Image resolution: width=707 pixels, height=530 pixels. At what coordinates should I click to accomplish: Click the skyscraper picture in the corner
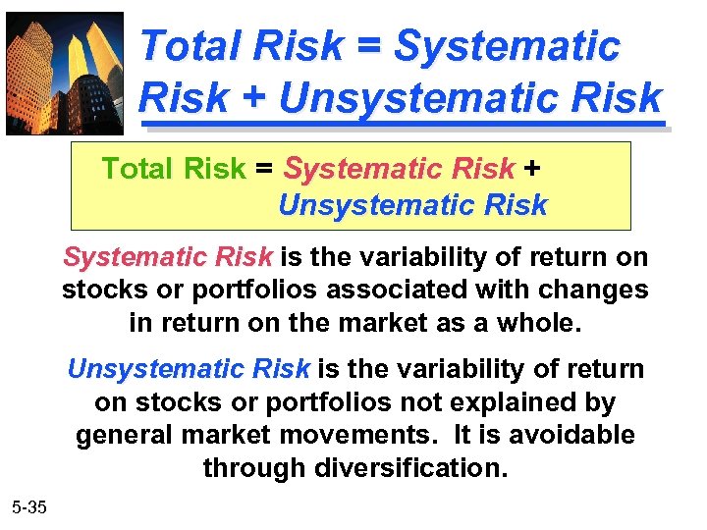coord(65,73)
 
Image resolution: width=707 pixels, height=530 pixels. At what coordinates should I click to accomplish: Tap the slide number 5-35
coord(30,507)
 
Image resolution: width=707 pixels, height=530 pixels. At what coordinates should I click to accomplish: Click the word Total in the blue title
coord(192,46)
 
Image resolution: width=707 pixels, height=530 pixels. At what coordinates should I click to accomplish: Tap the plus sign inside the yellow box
coord(531,169)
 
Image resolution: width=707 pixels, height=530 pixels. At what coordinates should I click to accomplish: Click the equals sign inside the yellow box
coord(264,169)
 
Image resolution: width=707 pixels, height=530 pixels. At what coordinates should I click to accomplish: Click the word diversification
coord(411,467)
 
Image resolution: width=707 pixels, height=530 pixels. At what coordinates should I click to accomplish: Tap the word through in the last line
coord(254,467)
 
